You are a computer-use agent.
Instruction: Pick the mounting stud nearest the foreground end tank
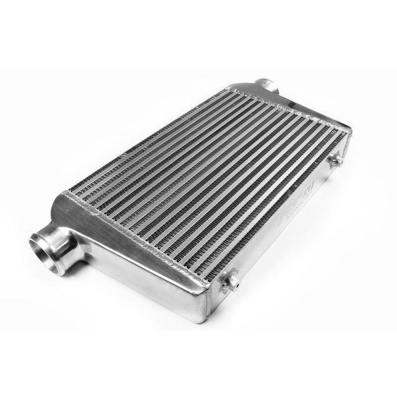[x=231, y=282]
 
